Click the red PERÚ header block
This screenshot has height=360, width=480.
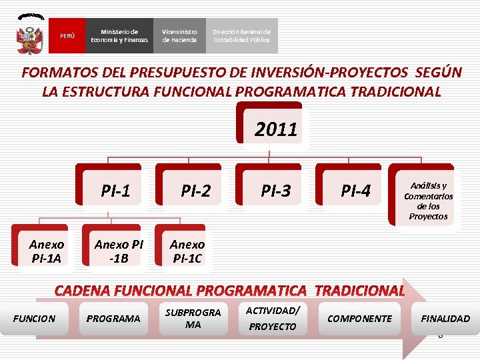(67, 36)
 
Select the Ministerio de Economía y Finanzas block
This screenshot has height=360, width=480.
(119, 36)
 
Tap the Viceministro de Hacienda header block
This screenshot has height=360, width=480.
(179, 36)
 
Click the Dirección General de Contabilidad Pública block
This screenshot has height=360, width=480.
(241, 36)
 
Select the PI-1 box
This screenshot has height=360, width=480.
(115, 191)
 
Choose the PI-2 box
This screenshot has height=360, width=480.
(195, 191)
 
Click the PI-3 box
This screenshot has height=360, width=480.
(275, 191)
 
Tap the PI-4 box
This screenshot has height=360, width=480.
(355, 191)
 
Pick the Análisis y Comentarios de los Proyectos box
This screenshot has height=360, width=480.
(428, 201)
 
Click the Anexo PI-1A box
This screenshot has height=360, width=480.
(47, 251)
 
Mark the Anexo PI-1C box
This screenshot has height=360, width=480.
(187, 251)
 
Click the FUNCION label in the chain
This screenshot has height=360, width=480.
(34, 319)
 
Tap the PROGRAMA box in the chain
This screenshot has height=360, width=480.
(113, 319)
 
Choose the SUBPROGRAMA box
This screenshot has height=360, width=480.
(193, 319)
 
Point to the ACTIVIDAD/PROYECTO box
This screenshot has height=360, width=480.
(272, 319)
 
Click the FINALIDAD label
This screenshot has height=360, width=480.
(445, 319)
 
